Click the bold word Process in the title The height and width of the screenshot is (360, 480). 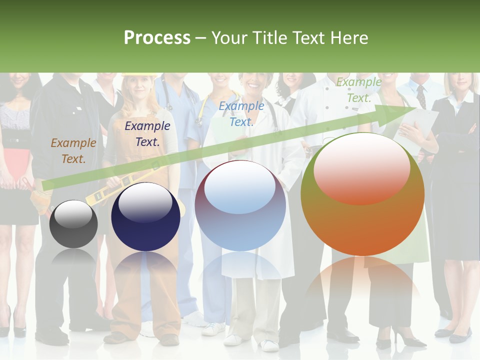tap(157, 37)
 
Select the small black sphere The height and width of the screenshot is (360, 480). tap(73, 223)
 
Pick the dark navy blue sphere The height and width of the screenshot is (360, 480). tap(145, 217)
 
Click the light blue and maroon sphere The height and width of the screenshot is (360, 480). tap(240, 206)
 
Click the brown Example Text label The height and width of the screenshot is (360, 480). tap(73, 151)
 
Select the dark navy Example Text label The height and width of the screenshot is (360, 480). tap(147, 134)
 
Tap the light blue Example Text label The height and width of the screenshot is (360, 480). tap(241, 114)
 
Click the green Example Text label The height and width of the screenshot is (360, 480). tap(358, 90)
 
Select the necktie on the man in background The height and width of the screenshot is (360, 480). tap(421, 96)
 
